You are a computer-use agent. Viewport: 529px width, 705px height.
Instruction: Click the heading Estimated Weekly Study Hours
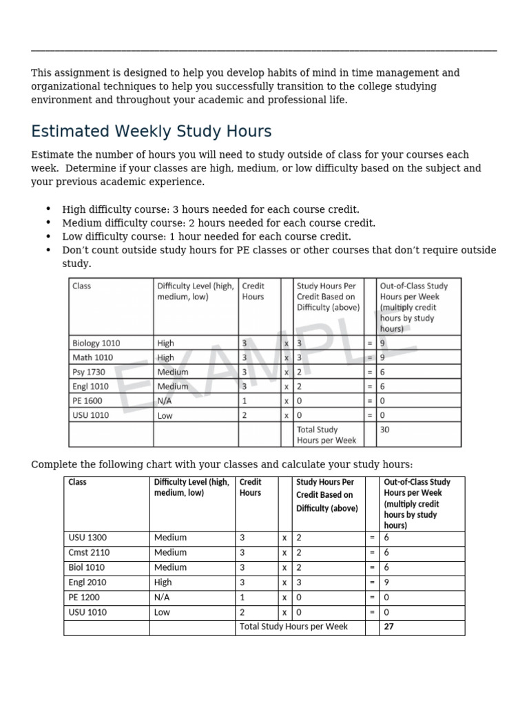(x=151, y=131)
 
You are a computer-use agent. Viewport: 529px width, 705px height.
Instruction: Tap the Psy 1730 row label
(x=89, y=372)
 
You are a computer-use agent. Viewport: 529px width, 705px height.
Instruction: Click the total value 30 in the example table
(x=386, y=429)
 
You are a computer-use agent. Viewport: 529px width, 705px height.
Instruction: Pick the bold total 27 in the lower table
(x=389, y=627)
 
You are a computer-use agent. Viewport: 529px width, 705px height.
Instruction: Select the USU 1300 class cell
(x=87, y=538)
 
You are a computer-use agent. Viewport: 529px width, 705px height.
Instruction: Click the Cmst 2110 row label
(x=89, y=553)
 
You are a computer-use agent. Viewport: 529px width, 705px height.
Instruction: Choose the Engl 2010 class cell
(x=87, y=582)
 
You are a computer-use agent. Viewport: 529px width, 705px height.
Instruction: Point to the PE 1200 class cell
(x=85, y=598)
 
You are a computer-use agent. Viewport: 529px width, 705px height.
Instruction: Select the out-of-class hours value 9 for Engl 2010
(x=386, y=582)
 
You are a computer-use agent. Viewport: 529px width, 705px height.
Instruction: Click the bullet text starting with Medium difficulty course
(x=218, y=223)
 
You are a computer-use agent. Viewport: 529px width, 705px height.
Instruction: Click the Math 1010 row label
(x=92, y=357)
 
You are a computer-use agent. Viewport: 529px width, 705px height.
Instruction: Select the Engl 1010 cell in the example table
(x=90, y=386)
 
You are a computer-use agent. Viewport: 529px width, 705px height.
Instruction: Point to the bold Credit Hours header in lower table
(x=250, y=487)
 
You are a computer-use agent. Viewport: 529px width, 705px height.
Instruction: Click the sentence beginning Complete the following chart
(x=222, y=465)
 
